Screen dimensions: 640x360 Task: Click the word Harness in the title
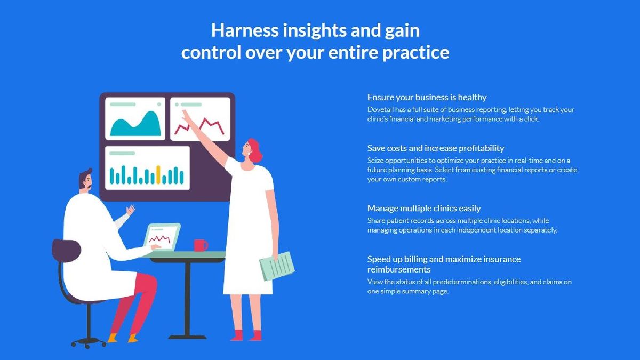245,30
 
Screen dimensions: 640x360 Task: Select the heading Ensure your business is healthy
427,98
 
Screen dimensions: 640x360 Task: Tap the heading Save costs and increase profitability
436,148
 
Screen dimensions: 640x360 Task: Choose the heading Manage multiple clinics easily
424,209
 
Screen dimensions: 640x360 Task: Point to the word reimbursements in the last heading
399,269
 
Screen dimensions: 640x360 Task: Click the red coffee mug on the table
201,245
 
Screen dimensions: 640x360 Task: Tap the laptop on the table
162,237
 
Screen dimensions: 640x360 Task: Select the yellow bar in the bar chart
158,175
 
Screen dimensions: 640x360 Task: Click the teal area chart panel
135,118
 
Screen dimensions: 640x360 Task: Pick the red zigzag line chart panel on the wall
201,119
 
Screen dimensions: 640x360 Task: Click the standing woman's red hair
255,150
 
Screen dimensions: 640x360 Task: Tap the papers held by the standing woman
277,266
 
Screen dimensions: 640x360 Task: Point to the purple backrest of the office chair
66,251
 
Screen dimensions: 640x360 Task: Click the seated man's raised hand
131,210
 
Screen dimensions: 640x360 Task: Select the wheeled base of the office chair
89,342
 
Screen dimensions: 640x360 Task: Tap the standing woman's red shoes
246,335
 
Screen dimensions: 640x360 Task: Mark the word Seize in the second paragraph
375,161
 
